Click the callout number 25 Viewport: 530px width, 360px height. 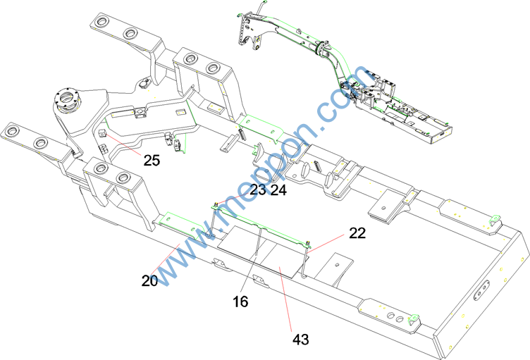click(152, 160)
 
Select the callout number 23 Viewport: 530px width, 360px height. click(258, 190)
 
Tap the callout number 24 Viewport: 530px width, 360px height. click(278, 190)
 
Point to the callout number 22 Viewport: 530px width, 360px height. click(357, 234)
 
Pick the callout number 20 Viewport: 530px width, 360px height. click(149, 280)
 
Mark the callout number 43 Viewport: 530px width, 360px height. click(301, 340)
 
